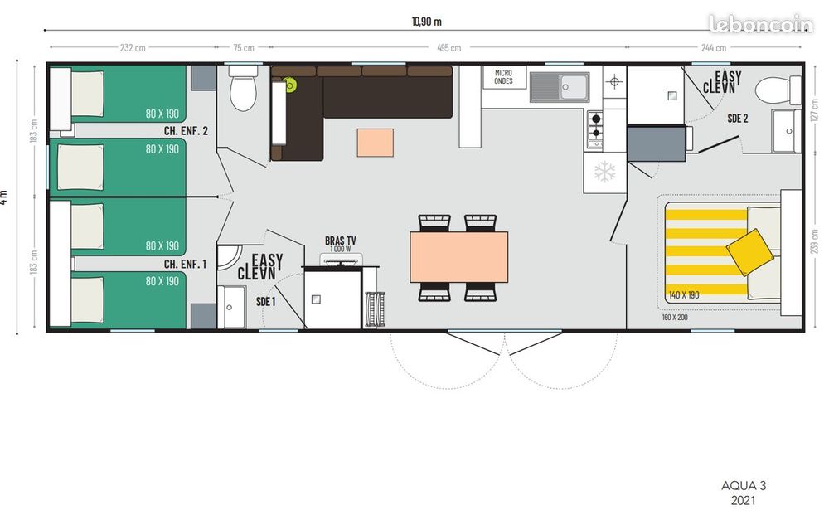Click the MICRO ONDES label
coord(503,77)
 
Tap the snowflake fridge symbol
coord(605,172)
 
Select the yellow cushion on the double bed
coord(749,252)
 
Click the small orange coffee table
coord(376,143)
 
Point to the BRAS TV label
coord(341,241)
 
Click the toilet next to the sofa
coord(243,88)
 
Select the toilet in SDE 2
coord(778,90)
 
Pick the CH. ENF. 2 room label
coord(186,131)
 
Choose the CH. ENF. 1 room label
coord(185,264)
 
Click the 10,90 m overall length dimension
coord(427,22)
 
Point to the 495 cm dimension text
coord(448,47)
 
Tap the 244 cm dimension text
coord(714,47)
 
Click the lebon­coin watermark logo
coord(761,24)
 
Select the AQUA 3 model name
coord(744,486)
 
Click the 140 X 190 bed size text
coord(684,294)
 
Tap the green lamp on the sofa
coord(289,84)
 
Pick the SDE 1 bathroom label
coord(266,302)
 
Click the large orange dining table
coord(459,256)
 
